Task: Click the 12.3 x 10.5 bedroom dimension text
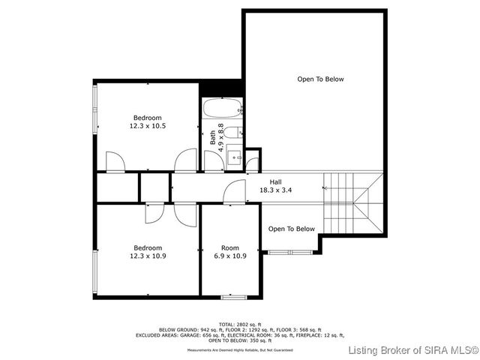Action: tap(148, 127)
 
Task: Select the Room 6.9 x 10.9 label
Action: tap(230, 252)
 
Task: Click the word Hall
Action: tap(276, 181)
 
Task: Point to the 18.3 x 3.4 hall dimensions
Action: tap(276, 190)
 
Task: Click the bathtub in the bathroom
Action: tap(221, 109)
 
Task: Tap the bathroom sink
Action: tap(233, 157)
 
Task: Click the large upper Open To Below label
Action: tap(320, 79)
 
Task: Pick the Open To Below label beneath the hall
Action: tap(292, 229)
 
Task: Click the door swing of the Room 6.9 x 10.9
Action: tap(235, 193)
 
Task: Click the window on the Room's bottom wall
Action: tap(231, 298)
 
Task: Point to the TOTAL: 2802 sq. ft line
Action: tap(240, 324)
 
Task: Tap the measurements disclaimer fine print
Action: tap(240, 349)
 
